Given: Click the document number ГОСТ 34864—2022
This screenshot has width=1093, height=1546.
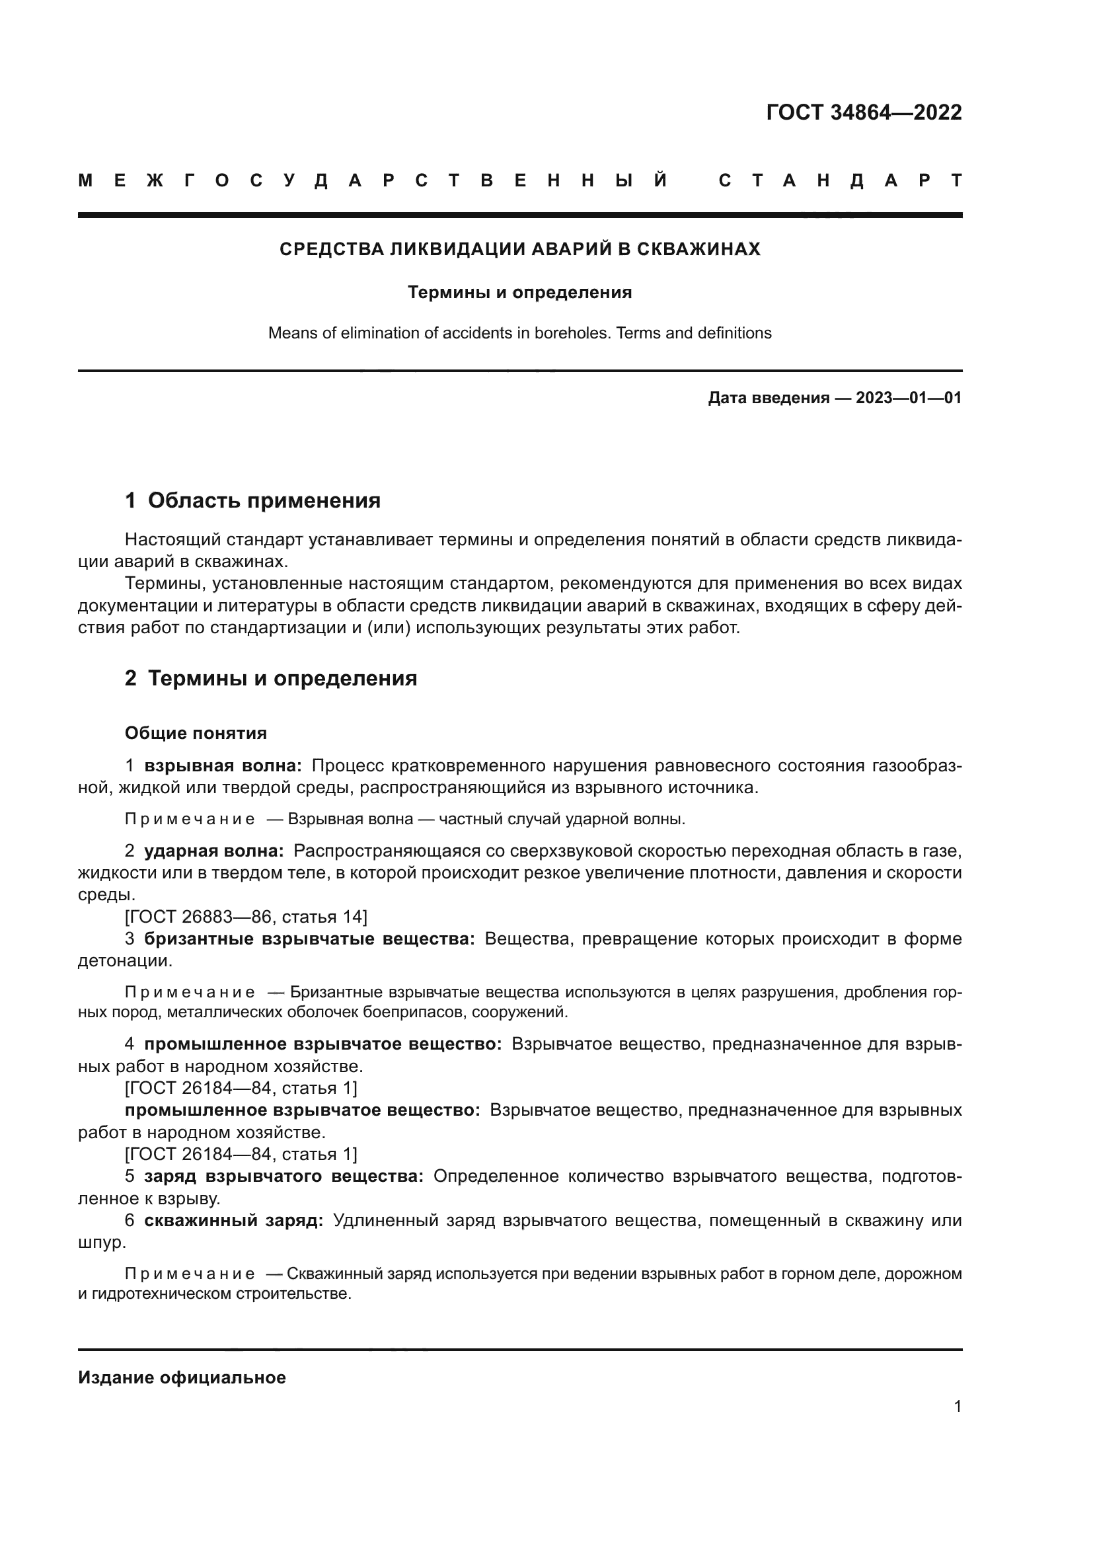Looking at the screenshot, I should (x=864, y=112).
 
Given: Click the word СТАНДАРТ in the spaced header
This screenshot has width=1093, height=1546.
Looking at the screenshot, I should (x=841, y=180).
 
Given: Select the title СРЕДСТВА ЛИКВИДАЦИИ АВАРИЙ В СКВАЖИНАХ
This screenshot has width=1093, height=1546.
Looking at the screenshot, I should (x=519, y=249).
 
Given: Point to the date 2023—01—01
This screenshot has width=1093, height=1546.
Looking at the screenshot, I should (x=908, y=398).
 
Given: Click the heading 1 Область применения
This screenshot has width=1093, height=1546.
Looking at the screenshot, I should (x=252, y=500).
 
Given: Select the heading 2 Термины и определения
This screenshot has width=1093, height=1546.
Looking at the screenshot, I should (x=270, y=678).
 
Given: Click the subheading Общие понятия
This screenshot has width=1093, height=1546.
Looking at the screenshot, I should (x=196, y=732).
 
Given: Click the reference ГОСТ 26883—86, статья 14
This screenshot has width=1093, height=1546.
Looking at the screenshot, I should (x=246, y=916).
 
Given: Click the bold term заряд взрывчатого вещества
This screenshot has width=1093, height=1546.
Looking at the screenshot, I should (x=284, y=1177).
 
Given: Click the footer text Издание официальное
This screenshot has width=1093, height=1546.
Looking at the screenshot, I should (x=182, y=1377).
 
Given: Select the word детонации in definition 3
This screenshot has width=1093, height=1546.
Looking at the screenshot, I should (x=124, y=961).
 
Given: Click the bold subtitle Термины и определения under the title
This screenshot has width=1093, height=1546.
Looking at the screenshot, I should (x=519, y=292).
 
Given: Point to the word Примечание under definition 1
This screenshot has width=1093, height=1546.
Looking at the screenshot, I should (x=190, y=820).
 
